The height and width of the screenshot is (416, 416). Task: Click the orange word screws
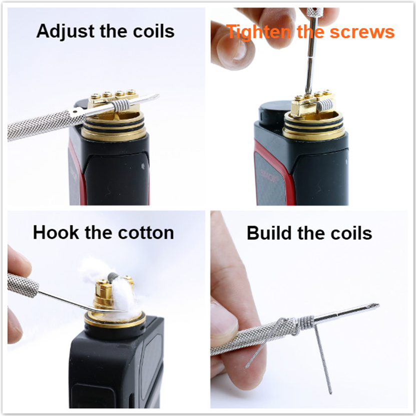pyautogui.click(x=362, y=33)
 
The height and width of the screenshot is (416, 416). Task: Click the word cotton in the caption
pyautogui.click(x=146, y=233)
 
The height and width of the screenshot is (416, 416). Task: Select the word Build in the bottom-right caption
pyautogui.click(x=269, y=233)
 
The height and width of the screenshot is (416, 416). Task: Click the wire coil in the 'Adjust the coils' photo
pyautogui.click(x=121, y=105)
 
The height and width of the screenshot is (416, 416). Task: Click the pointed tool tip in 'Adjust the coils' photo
pyautogui.click(x=158, y=96)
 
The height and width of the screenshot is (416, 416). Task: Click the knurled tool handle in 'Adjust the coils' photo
pyautogui.click(x=45, y=125)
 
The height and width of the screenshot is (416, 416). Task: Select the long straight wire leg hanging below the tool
pyautogui.click(x=323, y=359)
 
